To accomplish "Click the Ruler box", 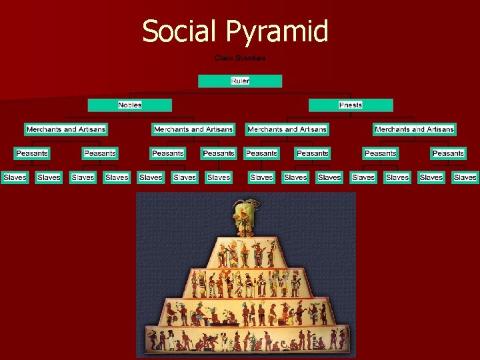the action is tap(240, 81).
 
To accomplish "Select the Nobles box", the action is tap(130, 105).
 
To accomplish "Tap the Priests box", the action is tap(351, 105).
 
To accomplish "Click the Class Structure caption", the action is tap(240, 58).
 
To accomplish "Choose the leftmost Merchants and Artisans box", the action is tap(66, 129).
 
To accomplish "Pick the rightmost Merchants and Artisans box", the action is tap(414, 129).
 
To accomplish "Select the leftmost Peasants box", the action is tap(32, 153).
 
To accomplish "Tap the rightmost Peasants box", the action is tap(448, 153).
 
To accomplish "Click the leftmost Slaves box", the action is tap(15, 177).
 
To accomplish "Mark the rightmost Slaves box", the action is tap(465, 177).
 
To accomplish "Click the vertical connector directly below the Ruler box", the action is tap(240, 91).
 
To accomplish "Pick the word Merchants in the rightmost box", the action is tap(393, 129).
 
